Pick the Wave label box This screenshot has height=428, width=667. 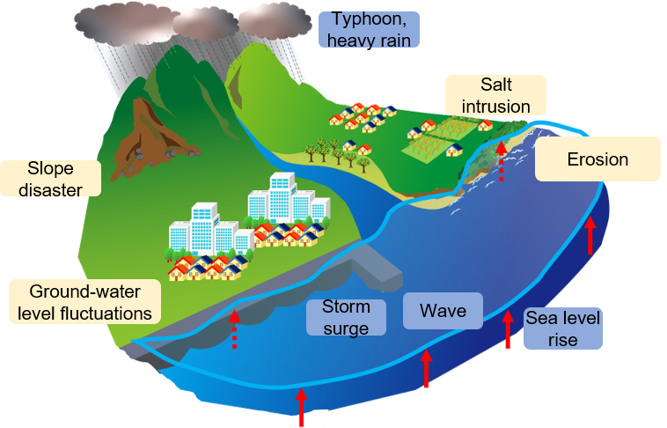point(443,311)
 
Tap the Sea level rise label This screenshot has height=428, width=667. point(562,328)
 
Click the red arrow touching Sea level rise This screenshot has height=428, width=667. point(507,330)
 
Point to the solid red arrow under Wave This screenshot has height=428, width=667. point(426,369)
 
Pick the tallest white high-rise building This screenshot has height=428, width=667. point(281,196)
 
